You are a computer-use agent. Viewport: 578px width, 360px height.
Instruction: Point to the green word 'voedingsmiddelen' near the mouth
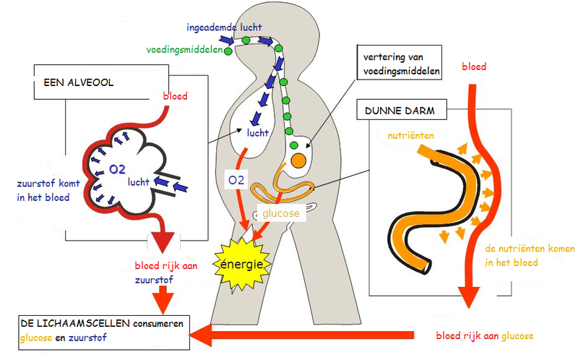tap(183, 51)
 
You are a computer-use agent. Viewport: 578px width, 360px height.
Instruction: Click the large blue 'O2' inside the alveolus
tap(117, 169)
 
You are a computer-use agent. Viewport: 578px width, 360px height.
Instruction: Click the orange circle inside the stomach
tap(298, 160)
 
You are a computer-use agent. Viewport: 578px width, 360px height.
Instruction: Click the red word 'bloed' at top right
tap(474, 67)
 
